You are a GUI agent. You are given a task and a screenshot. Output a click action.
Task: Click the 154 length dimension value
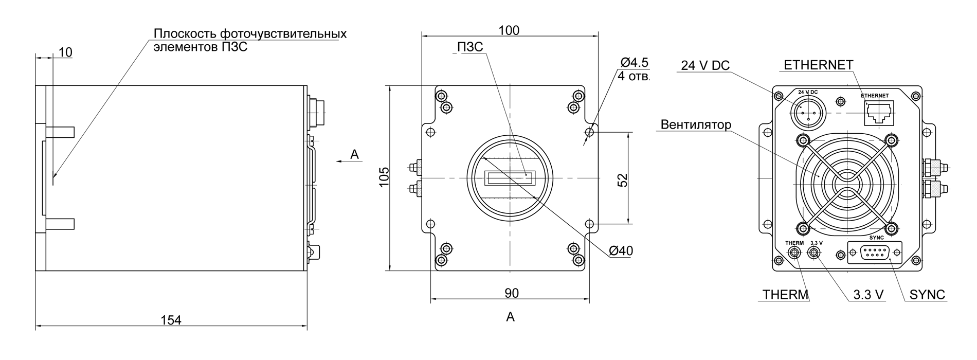click(x=171, y=320)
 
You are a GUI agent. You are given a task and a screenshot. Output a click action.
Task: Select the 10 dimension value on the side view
click(x=65, y=52)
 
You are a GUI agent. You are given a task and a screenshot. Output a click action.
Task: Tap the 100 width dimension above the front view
click(x=509, y=30)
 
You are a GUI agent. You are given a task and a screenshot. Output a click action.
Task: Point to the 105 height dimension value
click(x=384, y=177)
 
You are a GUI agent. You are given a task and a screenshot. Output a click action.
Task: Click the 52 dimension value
click(x=622, y=179)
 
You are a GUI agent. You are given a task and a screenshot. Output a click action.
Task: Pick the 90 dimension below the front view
click(x=512, y=293)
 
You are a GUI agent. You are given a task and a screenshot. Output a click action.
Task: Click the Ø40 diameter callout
click(x=621, y=251)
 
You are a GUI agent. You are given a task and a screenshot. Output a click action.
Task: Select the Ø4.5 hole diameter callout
click(x=635, y=63)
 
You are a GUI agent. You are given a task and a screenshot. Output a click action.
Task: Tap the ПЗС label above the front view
click(x=470, y=47)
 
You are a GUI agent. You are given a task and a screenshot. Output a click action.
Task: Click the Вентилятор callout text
click(x=696, y=124)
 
